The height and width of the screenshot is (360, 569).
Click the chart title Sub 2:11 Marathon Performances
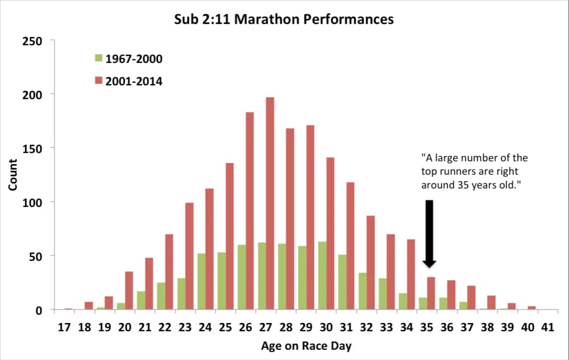click(x=284, y=20)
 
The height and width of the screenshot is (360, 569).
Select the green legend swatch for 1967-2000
click(x=98, y=59)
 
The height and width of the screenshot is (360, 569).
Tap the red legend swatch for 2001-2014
click(x=98, y=81)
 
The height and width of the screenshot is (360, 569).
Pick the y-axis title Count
click(x=13, y=175)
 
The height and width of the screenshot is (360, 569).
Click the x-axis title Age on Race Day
click(x=306, y=346)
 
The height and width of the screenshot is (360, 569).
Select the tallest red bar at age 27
click(x=270, y=203)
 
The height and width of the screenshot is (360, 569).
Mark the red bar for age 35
click(x=431, y=293)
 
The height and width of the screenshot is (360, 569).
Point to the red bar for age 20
click(x=129, y=290)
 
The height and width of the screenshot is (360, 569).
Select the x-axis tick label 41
click(x=548, y=327)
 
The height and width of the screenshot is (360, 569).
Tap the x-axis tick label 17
click(x=64, y=327)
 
